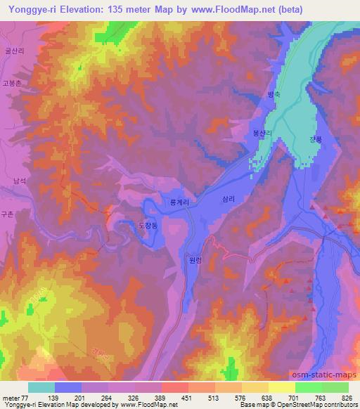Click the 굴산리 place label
[14, 52]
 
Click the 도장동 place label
[148, 225]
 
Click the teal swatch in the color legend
[41, 387]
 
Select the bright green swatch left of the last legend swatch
[309, 387]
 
